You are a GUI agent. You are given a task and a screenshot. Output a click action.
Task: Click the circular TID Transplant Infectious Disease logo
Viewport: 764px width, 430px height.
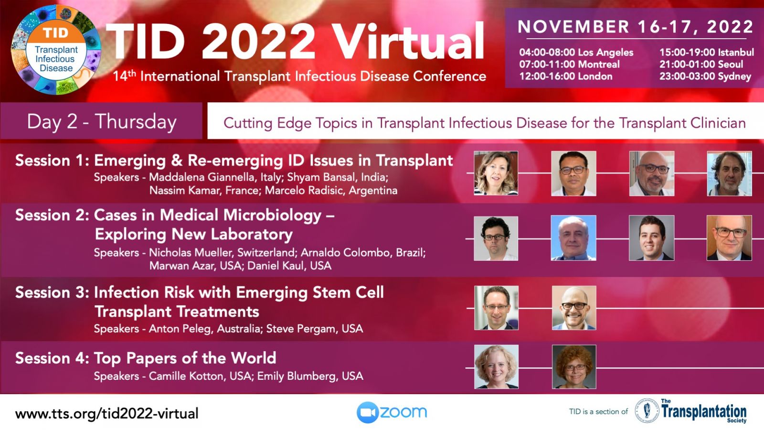(x=56, y=50)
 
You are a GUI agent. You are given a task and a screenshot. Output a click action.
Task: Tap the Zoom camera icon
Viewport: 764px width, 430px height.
(x=368, y=412)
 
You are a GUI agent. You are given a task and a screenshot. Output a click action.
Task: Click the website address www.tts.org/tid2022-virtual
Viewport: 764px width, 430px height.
(x=107, y=414)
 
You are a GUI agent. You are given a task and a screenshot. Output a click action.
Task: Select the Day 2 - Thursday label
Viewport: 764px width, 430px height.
(x=102, y=122)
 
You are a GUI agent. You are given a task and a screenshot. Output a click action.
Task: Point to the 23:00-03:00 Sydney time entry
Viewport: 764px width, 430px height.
(x=705, y=76)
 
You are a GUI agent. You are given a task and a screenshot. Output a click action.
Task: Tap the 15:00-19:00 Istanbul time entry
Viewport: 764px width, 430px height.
(x=706, y=52)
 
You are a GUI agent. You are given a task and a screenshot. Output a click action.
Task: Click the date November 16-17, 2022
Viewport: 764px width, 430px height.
(x=635, y=27)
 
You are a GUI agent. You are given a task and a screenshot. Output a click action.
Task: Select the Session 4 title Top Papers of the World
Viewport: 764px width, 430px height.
(x=185, y=358)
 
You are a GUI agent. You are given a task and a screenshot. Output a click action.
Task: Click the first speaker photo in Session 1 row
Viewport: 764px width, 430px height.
(x=496, y=173)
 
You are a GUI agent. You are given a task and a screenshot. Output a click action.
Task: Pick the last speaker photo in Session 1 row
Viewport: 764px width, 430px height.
(x=729, y=173)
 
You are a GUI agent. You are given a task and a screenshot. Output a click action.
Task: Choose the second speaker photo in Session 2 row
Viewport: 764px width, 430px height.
(x=573, y=238)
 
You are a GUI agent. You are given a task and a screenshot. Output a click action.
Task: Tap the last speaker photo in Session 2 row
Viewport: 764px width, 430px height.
(x=729, y=238)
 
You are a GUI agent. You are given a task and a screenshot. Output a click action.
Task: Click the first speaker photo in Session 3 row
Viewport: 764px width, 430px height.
(x=496, y=308)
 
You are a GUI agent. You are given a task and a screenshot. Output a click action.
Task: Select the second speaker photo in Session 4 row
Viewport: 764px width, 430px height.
(x=574, y=367)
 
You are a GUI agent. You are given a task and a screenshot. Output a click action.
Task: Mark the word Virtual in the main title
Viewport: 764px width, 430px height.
(x=408, y=41)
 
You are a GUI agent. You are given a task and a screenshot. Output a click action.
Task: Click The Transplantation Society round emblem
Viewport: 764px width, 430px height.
(x=647, y=411)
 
